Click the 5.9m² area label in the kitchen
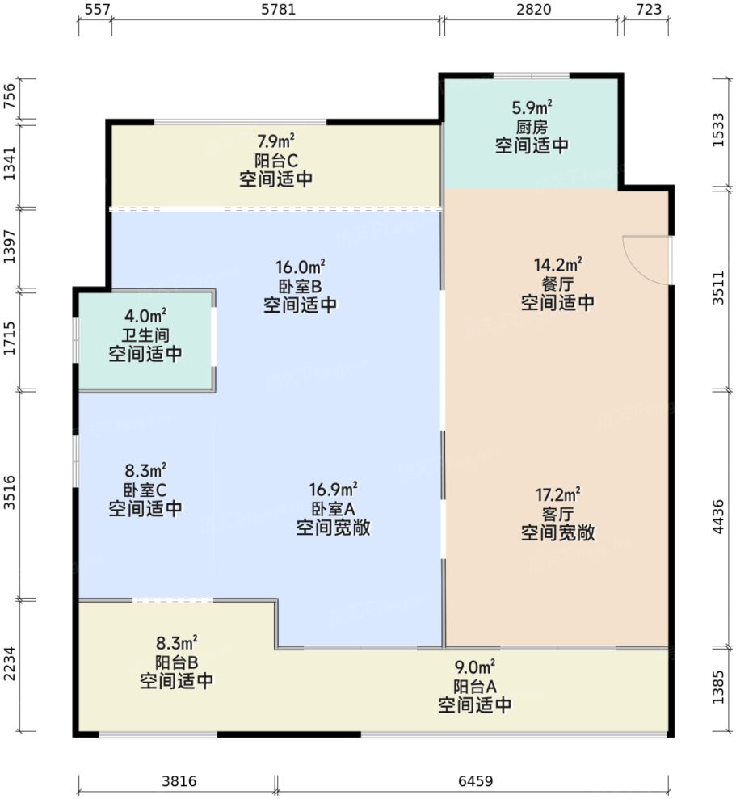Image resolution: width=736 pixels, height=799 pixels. (x=532, y=107)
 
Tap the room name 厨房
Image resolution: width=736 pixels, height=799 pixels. (x=532, y=127)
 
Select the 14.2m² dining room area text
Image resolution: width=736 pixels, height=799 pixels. (x=557, y=264)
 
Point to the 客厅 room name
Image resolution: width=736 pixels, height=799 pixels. (x=557, y=513)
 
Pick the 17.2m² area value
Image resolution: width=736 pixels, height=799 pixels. (x=557, y=493)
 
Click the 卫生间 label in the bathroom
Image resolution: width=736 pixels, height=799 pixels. (x=145, y=334)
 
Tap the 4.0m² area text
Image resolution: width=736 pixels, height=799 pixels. (x=145, y=315)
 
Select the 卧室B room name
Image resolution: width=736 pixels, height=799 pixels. (x=300, y=285)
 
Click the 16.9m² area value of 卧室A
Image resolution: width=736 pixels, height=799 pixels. (x=333, y=490)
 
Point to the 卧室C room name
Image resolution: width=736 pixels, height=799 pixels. (x=145, y=490)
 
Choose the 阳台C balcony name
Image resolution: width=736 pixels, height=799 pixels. (x=275, y=160)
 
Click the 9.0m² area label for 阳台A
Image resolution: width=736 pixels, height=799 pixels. (x=474, y=667)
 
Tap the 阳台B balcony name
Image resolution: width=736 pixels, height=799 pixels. (x=176, y=662)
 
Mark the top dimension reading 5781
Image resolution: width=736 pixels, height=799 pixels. (x=275, y=10)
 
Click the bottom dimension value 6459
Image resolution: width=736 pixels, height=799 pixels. (x=474, y=782)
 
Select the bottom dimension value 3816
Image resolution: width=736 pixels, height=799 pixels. (x=177, y=782)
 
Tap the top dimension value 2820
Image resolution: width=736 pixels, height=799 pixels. (x=532, y=10)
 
